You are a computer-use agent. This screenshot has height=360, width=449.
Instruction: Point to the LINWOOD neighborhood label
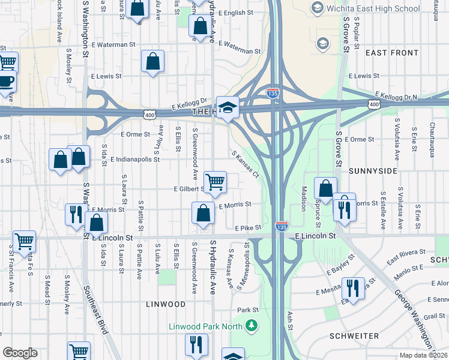166,304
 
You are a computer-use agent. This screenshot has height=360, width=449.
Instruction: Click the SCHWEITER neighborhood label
354,336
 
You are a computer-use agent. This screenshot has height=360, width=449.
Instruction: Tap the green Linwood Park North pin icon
252,326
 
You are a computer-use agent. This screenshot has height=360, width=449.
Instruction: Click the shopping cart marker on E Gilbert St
215,181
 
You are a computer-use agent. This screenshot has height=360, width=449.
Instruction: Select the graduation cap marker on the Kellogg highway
228,107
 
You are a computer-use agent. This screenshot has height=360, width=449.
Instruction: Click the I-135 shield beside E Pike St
281,227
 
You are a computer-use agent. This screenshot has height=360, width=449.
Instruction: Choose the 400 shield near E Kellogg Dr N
374,105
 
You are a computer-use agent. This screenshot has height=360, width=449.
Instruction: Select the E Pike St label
248,229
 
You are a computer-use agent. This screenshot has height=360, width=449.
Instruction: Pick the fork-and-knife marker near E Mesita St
353,287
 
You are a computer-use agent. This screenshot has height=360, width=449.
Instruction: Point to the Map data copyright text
424,355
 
